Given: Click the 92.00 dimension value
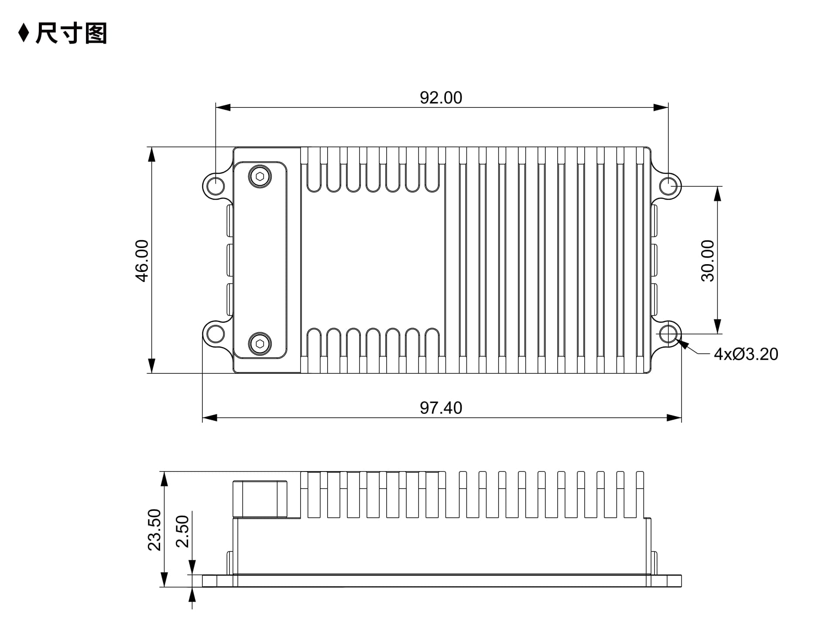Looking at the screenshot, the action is [x=441, y=98].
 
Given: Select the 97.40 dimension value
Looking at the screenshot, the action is [x=441, y=408].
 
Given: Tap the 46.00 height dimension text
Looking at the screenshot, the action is [x=142, y=261].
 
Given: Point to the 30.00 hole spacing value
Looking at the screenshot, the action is [x=708, y=261].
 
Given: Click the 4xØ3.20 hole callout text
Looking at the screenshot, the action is [x=746, y=354].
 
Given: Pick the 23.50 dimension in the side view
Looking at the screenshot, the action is [x=154, y=530].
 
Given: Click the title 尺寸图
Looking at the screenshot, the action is [x=71, y=33].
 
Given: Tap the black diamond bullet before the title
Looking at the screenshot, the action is [x=24, y=33].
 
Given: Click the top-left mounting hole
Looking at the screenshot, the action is [x=215, y=186].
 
